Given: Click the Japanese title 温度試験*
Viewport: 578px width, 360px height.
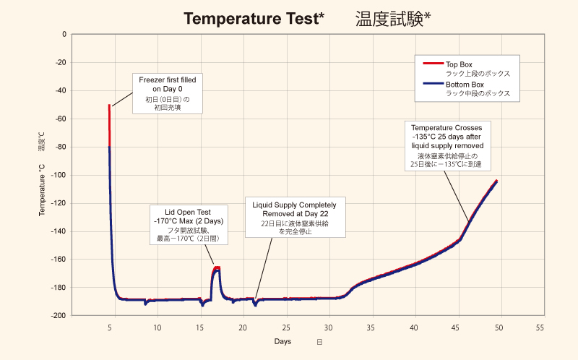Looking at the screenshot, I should pyautogui.click(x=393, y=19).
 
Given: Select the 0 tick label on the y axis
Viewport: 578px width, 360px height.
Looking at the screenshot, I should pyautogui.click(x=64, y=34).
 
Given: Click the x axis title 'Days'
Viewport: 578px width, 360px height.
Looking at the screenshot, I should pyautogui.click(x=283, y=341).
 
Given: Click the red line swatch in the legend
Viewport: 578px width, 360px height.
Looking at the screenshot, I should pyautogui.click(x=431, y=64).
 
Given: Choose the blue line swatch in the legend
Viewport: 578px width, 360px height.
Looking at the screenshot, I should pyautogui.click(x=431, y=84).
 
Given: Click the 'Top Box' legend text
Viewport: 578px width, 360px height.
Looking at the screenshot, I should pyautogui.click(x=460, y=64).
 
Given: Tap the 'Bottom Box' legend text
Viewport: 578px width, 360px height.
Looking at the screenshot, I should pyautogui.click(x=465, y=84).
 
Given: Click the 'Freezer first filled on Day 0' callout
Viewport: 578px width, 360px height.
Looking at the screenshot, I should pyautogui.click(x=167, y=93).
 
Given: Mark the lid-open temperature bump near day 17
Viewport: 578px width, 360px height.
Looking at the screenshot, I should pyautogui.click(x=216, y=270).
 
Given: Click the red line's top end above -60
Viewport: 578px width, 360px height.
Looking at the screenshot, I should pyautogui.click(x=109, y=106).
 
